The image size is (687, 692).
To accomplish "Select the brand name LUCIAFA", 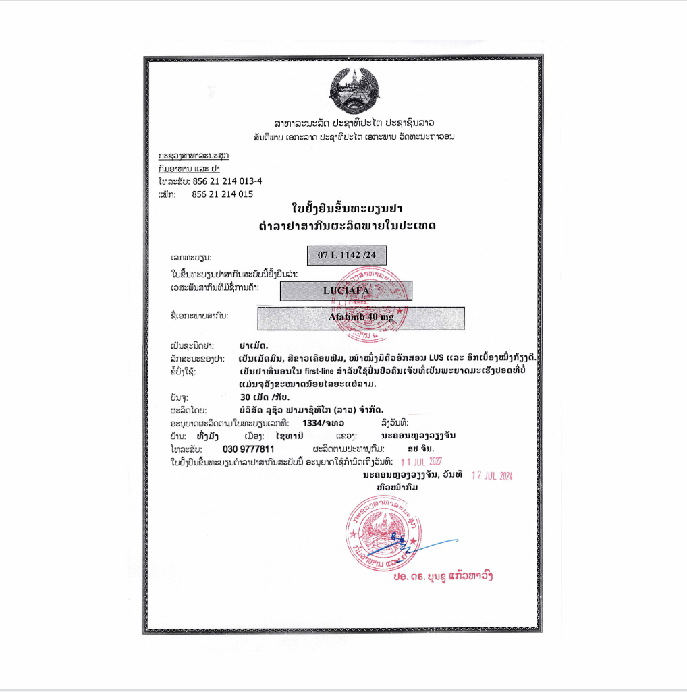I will pos(345,289).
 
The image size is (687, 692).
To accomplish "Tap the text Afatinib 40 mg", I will pos(361,317).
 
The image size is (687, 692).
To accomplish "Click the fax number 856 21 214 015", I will pos(222,194).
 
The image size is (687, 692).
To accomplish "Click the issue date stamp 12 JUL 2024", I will pos(491,475).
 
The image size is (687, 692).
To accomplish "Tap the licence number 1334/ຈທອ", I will pos(323,423).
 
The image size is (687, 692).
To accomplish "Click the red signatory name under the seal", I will pos(443,578).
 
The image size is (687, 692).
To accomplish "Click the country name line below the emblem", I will pos(354,124).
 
